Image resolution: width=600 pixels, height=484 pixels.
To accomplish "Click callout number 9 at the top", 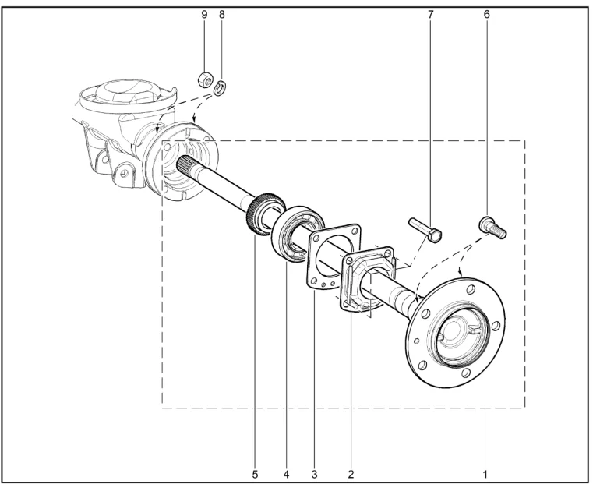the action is pyautogui.click(x=204, y=15).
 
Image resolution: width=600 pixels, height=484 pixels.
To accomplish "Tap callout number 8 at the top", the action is pyautogui.click(x=222, y=15).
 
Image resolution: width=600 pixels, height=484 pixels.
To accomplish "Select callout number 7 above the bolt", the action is pyautogui.click(x=431, y=15).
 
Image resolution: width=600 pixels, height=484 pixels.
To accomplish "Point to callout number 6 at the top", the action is pyautogui.click(x=487, y=15).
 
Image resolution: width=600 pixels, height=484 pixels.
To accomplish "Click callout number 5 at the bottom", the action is pyautogui.click(x=256, y=475).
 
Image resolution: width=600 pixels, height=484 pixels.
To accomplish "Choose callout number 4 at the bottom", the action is pyautogui.click(x=286, y=475).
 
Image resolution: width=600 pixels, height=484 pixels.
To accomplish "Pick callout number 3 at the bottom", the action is pyautogui.click(x=314, y=475).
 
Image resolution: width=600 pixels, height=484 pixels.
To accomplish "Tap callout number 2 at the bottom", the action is pyautogui.click(x=351, y=475).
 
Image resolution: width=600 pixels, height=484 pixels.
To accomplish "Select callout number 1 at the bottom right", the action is pyautogui.click(x=485, y=475).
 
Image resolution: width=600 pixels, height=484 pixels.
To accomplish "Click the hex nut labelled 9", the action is pyautogui.click(x=205, y=79).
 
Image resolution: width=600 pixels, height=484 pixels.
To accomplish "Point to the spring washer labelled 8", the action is pyautogui.click(x=220, y=88).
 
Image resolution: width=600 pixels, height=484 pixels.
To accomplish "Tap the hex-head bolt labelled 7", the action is pyautogui.click(x=425, y=230).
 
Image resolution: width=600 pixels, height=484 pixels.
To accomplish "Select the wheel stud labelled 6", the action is pyautogui.click(x=492, y=228).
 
